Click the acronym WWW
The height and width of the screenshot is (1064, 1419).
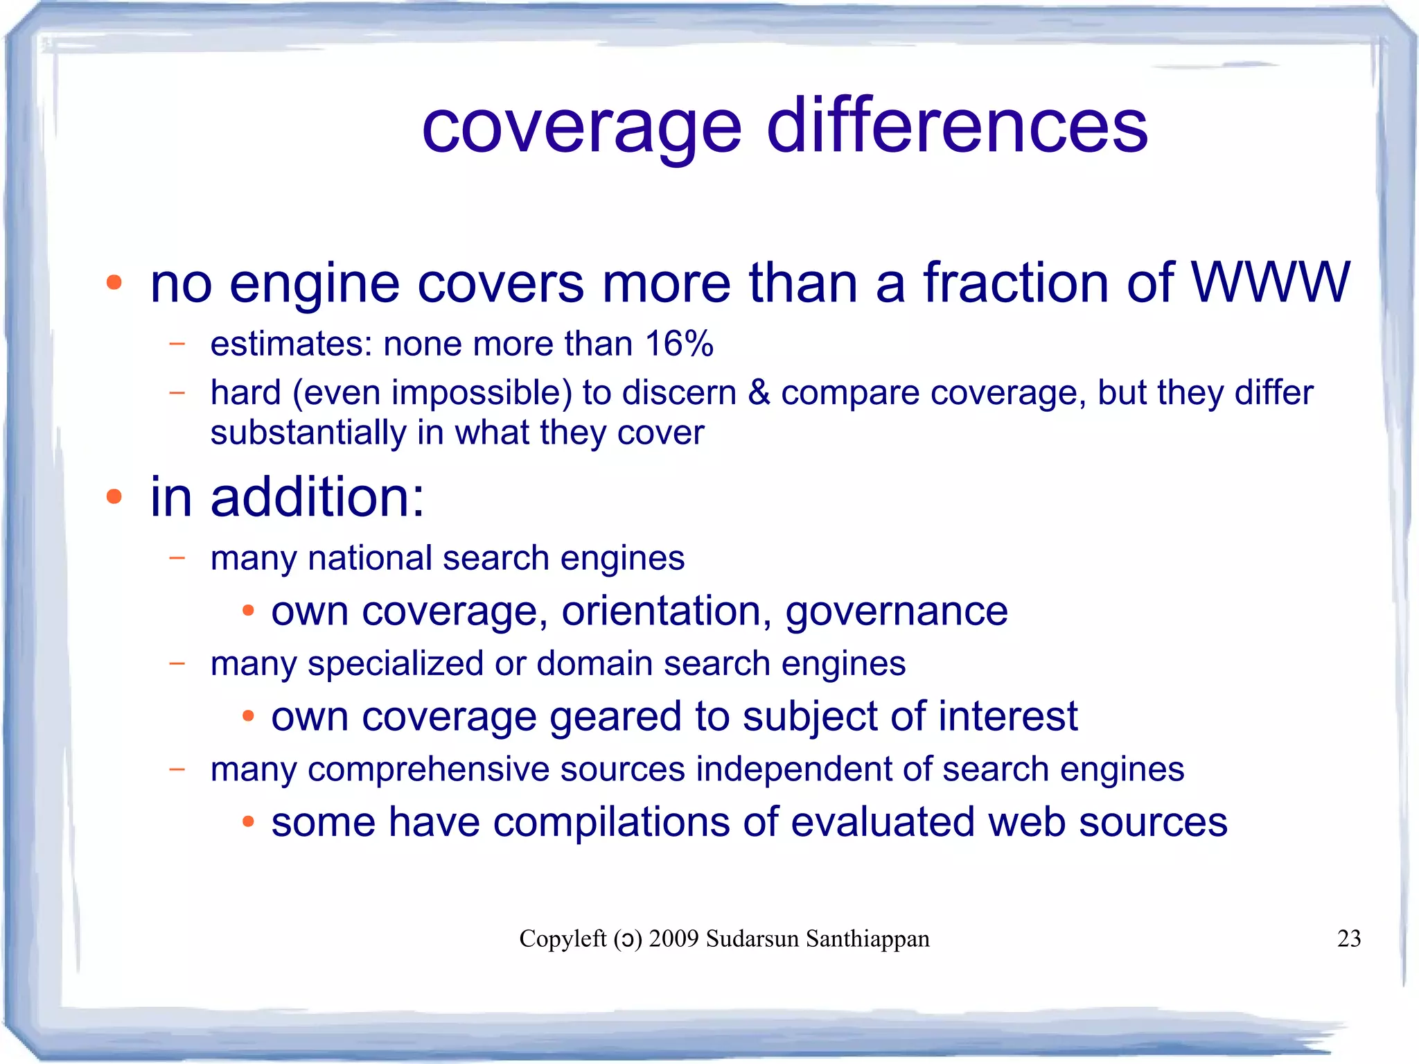coord(1270,282)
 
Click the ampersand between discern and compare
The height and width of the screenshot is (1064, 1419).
coord(759,393)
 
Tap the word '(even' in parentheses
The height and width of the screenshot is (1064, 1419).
coord(336,393)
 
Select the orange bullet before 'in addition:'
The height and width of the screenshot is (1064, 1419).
coord(114,496)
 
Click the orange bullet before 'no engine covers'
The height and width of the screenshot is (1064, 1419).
coord(114,283)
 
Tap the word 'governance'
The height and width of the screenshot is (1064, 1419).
coord(896,612)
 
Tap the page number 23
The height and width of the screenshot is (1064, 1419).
coord(1348,939)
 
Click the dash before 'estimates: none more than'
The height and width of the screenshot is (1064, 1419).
coord(177,343)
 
